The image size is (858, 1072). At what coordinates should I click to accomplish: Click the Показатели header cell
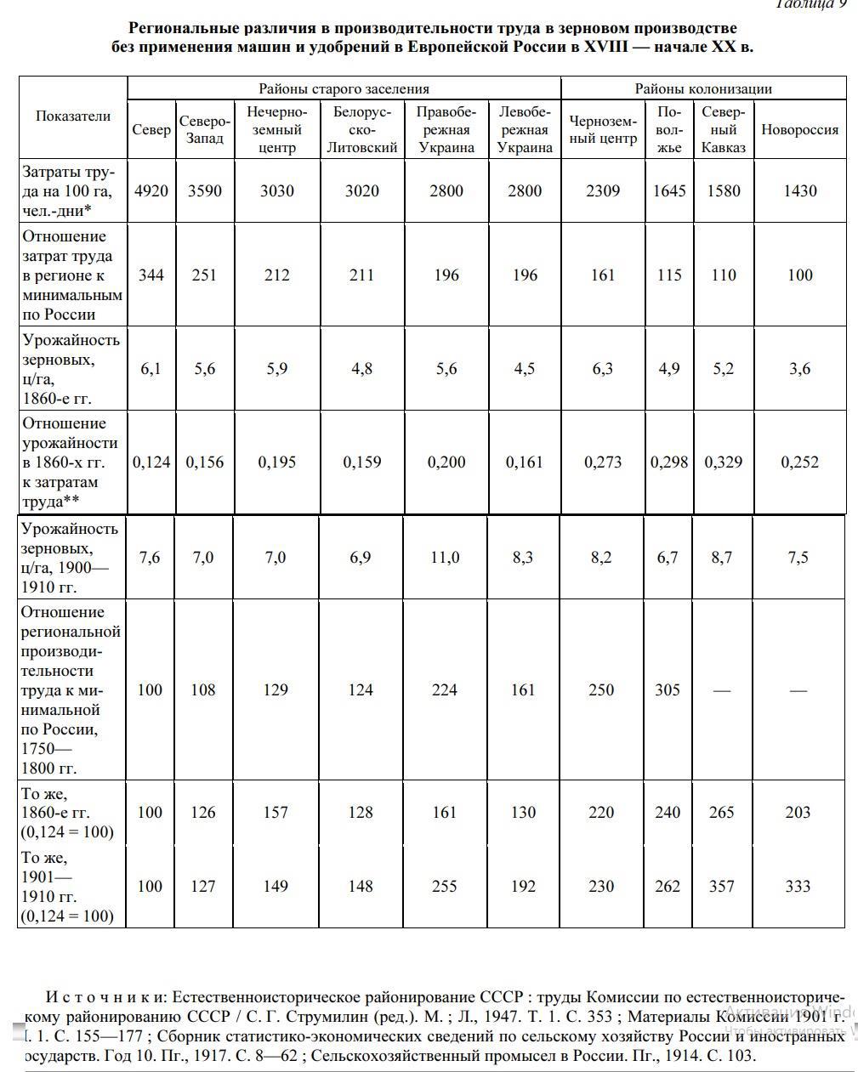pyautogui.click(x=72, y=116)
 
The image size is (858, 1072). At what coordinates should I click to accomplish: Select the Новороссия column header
pyautogui.click(x=799, y=130)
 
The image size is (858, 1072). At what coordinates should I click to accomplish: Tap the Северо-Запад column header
pyautogui.click(x=204, y=130)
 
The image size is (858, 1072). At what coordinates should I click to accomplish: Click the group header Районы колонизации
pyautogui.click(x=703, y=88)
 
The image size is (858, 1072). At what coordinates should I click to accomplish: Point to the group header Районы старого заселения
pyautogui.click(x=344, y=88)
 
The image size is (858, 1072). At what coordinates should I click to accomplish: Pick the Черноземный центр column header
pyautogui.click(x=602, y=130)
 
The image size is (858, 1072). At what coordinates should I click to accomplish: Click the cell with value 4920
pyautogui.click(x=151, y=190)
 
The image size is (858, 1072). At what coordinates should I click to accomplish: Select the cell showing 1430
pyautogui.click(x=799, y=190)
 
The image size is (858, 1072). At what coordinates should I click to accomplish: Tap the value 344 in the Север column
pyautogui.click(x=151, y=275)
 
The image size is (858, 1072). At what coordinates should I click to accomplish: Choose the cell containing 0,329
pyautogui.click(x=723, y=462)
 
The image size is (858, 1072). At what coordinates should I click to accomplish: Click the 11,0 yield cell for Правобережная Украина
pyautogui.click(x=445, y=558)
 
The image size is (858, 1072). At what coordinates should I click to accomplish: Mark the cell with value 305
pyautogui.click(x=668, y=690)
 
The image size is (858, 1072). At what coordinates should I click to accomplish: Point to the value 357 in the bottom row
pyautogui.click(x=721, y=887)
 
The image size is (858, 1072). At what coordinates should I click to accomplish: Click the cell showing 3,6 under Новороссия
pyautogui.click(x=799, y=369)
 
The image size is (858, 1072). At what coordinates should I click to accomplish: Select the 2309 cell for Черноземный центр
pyautogui.click(x=602, y=190)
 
